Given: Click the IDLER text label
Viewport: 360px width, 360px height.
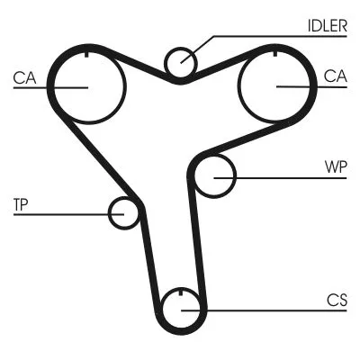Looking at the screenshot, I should (327, 25).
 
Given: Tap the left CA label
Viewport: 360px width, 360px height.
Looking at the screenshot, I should (24, 78).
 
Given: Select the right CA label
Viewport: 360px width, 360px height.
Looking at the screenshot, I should (335, 77).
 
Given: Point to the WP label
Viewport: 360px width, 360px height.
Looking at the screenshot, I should (335, 167).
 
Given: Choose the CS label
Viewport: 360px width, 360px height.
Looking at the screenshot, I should (337, 301).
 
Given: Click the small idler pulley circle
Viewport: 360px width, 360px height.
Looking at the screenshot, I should (181, 62).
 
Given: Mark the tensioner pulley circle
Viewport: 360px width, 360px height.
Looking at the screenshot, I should (123, 213).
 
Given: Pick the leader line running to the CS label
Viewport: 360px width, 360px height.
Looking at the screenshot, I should (270, 310).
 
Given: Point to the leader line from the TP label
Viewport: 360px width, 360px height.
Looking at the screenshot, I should (67, 214).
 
